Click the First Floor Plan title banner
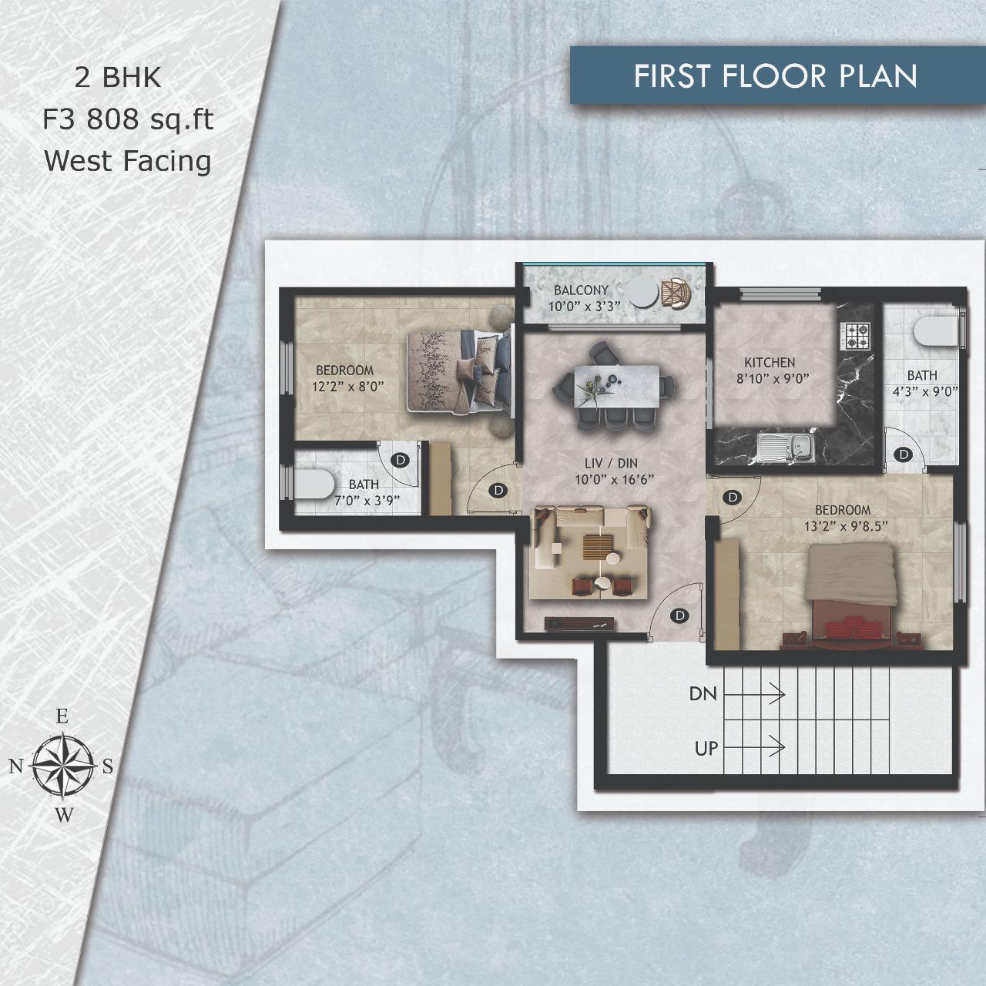775,75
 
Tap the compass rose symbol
62,766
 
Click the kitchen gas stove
854,336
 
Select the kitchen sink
786,448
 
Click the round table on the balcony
642,292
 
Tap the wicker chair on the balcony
676,293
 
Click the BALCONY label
581,290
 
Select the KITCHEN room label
770,363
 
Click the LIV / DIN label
611,464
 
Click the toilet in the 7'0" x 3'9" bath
314,485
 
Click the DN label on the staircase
703,694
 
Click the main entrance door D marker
679,615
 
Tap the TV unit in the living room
579,623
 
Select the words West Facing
128,161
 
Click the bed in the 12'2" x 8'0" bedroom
459,371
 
